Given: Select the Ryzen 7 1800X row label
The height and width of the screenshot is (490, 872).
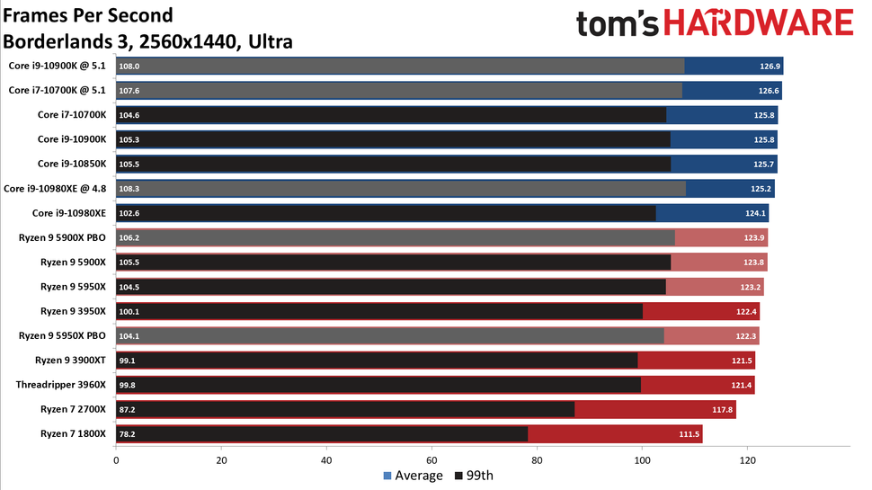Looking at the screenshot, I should (x=73, y=433).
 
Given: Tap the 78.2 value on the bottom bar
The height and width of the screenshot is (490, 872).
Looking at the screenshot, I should (x=128, y=433).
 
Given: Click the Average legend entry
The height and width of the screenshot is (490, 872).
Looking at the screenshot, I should (x=413, y=476).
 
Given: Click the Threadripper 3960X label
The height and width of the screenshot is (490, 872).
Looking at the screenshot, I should (x=60, y=385).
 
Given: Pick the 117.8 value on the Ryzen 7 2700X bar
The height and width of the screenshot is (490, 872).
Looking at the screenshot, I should (x=724, y=409).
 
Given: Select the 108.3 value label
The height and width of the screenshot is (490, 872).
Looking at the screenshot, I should (x=130, y=189).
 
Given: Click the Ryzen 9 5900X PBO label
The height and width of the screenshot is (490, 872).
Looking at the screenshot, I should (x=62, y=237).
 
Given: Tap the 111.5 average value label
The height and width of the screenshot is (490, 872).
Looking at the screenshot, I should (x=690, y=433).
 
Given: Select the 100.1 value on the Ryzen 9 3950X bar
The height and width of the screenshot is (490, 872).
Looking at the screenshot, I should (x=130, y=311).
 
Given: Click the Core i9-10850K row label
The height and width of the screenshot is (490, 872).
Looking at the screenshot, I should (x=72, y=164).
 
